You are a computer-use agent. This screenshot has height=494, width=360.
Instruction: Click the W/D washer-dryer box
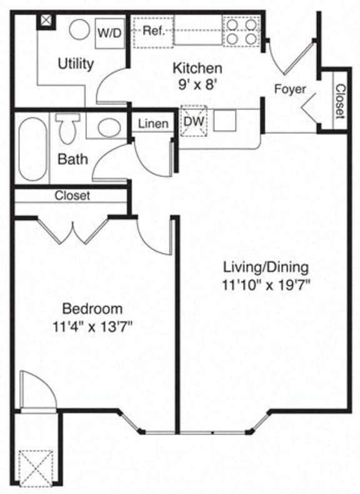109,33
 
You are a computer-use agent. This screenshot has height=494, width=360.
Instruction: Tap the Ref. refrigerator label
152,31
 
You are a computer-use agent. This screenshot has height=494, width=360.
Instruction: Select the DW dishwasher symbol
194,121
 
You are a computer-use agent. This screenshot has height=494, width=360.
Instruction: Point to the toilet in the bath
66,128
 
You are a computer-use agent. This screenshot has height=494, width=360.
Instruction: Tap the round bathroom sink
110,128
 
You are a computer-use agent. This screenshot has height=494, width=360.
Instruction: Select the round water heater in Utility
79,30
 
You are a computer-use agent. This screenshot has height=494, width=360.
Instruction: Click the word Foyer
290,89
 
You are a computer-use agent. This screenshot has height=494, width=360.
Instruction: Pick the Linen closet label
152,124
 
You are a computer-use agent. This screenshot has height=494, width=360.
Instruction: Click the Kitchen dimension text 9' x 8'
197,84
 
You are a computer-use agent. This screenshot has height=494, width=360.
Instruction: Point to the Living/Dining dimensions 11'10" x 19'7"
266,283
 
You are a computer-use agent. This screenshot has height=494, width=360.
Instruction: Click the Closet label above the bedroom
72,195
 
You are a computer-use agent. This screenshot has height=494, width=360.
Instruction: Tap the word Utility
76,64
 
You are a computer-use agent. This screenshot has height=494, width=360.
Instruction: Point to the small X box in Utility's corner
46,21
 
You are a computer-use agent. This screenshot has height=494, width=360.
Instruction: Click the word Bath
72,159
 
